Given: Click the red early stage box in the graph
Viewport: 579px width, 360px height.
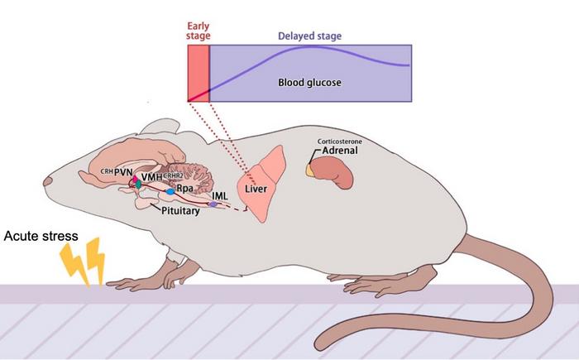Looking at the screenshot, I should coord(199,74).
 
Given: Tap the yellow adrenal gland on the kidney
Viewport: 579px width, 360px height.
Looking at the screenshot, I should coord(311,170).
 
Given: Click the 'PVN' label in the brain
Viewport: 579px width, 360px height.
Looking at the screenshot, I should coord(124,172).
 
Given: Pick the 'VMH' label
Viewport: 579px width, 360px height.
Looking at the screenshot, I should coord(151,177).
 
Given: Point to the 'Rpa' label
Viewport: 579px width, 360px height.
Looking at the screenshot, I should coord(184,189).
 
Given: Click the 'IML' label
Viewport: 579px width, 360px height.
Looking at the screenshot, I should coord(219,195).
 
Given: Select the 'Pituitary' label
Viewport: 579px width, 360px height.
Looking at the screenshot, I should coord(181,211).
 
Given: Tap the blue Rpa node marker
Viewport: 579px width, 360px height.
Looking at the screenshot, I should coord(170,191).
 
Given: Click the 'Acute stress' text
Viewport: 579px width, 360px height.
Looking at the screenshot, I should coord(41,236).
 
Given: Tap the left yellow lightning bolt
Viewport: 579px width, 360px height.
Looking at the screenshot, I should coord(71,263).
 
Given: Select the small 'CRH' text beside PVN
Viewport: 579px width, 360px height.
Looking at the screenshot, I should coord(106,171).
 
